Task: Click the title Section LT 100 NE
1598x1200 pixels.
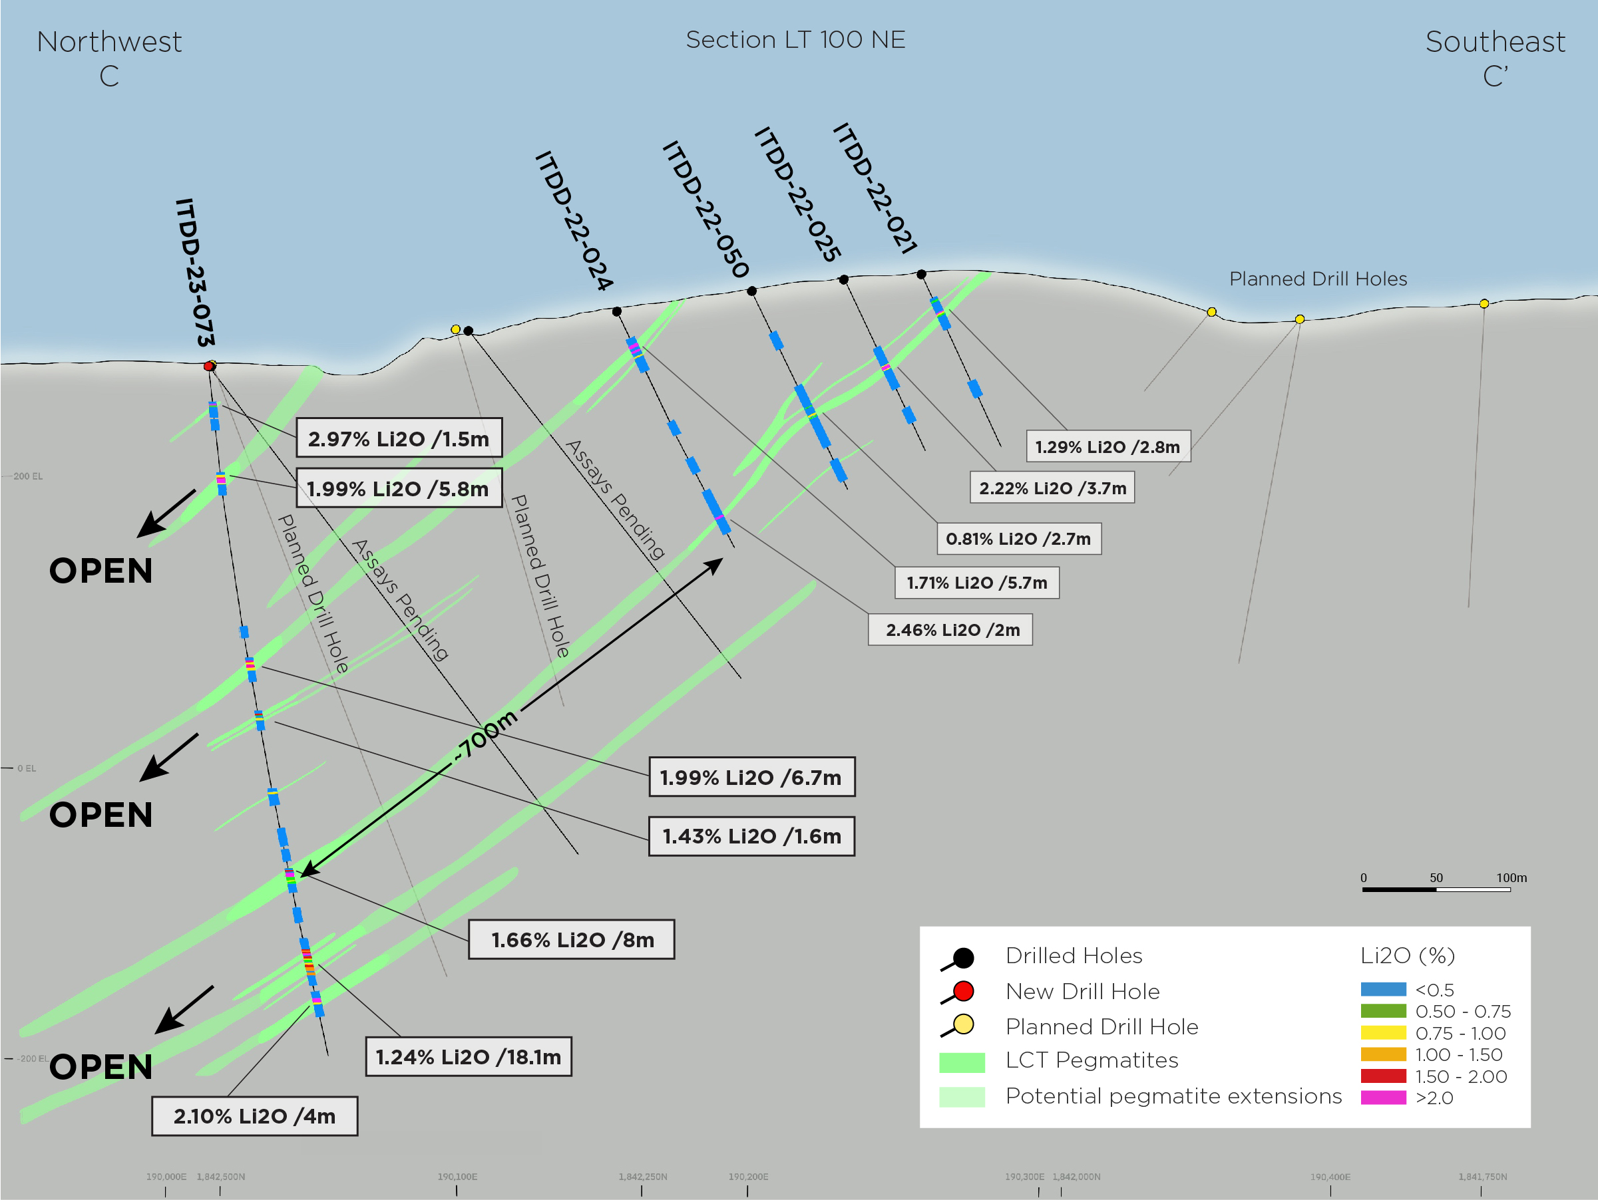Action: [x=795, y=40]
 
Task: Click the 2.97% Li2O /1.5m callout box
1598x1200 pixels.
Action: [x=399, y=438]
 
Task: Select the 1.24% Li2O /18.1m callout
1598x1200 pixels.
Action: [x=468, y=1057]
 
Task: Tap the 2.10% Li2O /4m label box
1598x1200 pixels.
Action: [x=254, y=1116]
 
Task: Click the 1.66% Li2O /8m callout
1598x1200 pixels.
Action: [x=572, y=939]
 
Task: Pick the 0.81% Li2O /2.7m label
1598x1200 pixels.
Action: [x=1018, y=539]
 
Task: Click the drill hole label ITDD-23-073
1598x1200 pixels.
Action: [x=195, y=272]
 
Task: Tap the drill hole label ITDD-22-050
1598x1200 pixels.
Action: [x=705, y=210]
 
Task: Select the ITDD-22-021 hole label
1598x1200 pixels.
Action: [x=875, y=188]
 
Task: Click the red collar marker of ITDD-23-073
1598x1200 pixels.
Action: [x=209, y=366]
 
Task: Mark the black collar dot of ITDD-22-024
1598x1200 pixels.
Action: [x=616, y=311]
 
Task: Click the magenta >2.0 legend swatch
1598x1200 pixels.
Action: [x=1383, y=1098]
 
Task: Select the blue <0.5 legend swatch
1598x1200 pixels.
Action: [x=1383, y=989]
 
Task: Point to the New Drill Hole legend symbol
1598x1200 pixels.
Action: [x=958, y=992]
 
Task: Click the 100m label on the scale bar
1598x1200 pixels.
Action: [x=1511, y=878]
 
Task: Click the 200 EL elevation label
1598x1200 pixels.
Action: [x=28, y=476]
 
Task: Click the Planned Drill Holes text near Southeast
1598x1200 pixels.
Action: [x=1318, y=279]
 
